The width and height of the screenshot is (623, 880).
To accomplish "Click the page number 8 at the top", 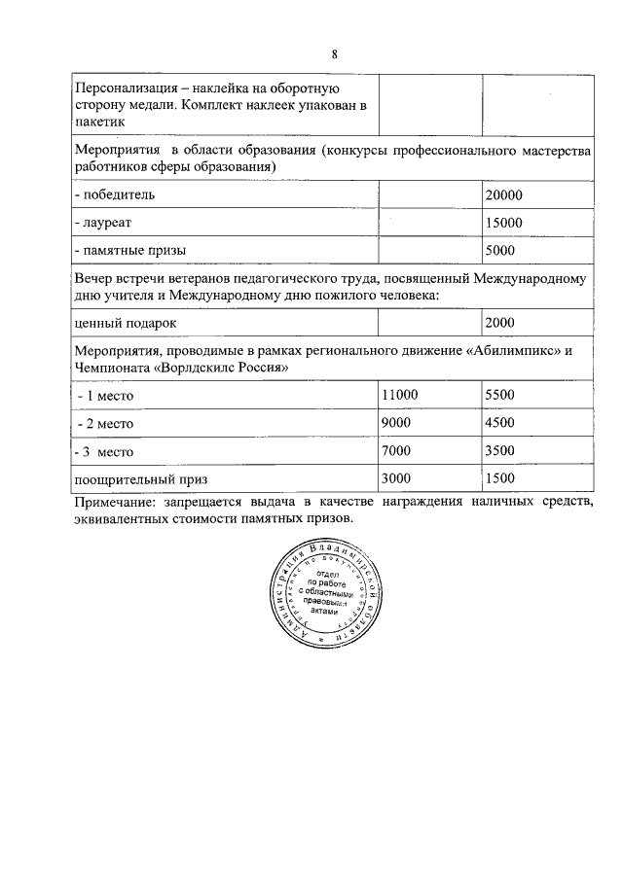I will pyautogui.click(x=334, y=53).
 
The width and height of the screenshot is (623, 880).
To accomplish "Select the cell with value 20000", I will pyautogui.click(x=503, y=194).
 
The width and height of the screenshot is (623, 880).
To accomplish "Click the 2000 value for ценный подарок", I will pyautogui.click(x=499, y=322).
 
